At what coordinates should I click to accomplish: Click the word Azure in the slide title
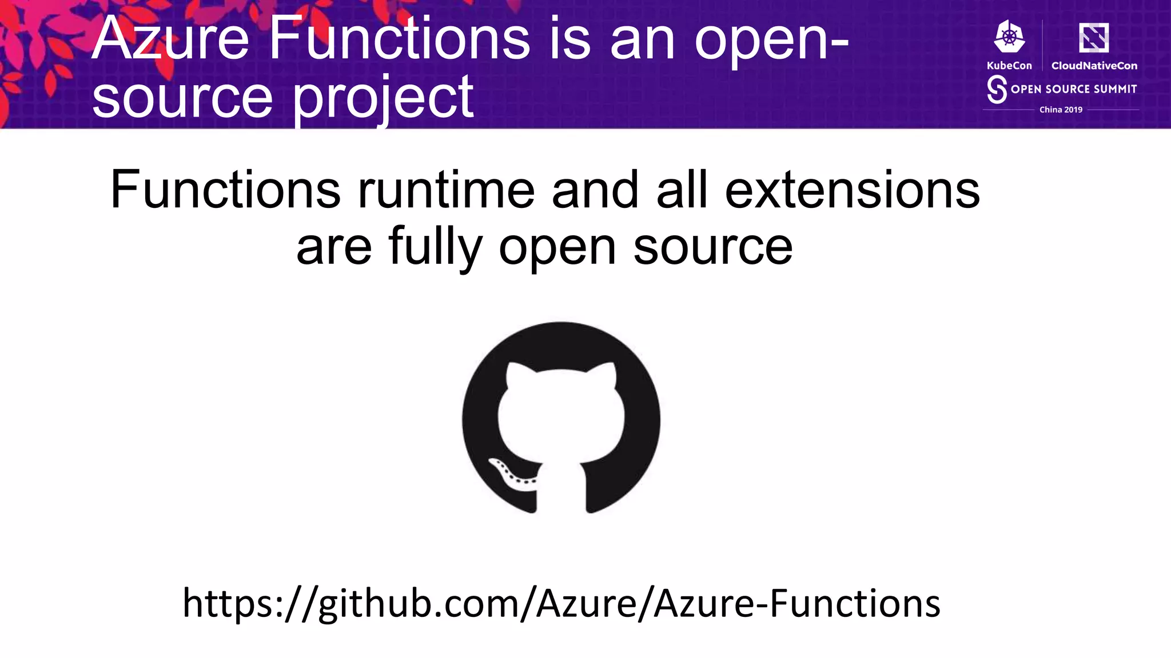(x=170, y=39)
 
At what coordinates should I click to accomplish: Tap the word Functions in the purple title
(x=400, y=39)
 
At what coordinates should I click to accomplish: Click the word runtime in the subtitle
(x=446, y=190)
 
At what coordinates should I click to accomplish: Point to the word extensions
(x=852, y=190)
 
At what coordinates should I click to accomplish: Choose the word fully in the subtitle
(x=435, y=247)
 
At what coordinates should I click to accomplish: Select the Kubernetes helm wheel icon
(x=1009, y=38)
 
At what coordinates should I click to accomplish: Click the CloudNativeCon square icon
(x=1094, y=38)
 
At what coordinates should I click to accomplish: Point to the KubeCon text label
(x=1009, y=66)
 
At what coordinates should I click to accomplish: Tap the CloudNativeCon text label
(x=1094, y=66)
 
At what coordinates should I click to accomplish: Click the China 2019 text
(x=1061, y=110)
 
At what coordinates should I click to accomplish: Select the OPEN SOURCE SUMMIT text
(x=1073, y=89)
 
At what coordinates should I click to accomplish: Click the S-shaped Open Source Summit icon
(x=997, y=90)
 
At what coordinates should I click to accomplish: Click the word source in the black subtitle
(x=712, y=247)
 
